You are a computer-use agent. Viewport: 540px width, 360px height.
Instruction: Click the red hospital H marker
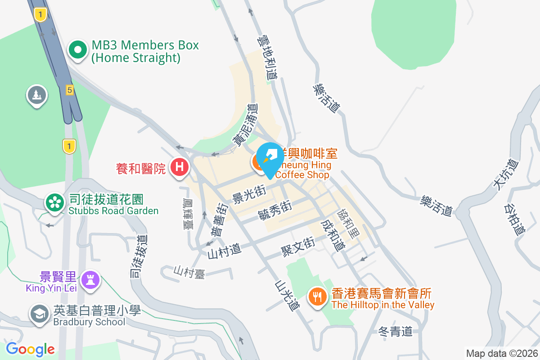click(180, 167)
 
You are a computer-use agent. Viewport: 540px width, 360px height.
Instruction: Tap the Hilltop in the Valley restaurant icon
click(318, 297)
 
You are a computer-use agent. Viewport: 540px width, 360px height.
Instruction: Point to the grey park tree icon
click(37, 95)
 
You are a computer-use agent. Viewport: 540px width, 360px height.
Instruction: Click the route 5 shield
click(69, 90)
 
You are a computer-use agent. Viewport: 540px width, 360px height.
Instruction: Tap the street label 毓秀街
click(275, 210)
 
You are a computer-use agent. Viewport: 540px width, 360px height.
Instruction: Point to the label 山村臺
click(189, 271)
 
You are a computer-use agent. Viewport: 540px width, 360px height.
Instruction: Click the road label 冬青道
click(395, 332)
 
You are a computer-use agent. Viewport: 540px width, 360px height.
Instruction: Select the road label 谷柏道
click(514, 220)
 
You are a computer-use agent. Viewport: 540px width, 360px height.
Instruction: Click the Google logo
click(30, 349)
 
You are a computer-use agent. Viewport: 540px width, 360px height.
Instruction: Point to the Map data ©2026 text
click(502, 353)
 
